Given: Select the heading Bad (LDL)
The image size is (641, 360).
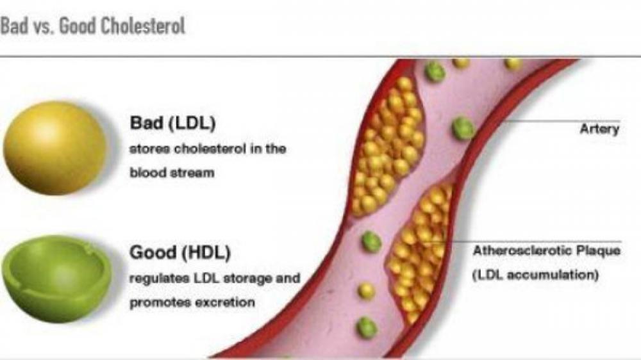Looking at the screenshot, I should click(x=172, y=122).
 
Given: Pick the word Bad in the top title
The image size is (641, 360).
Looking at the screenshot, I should click(x=12, y=26).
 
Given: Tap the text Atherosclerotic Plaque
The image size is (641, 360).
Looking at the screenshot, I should click(x=546, y=251).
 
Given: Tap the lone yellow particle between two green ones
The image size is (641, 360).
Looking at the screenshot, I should click(x=366, y=291).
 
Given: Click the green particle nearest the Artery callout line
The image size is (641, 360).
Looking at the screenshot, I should click(x=463, y=129).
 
